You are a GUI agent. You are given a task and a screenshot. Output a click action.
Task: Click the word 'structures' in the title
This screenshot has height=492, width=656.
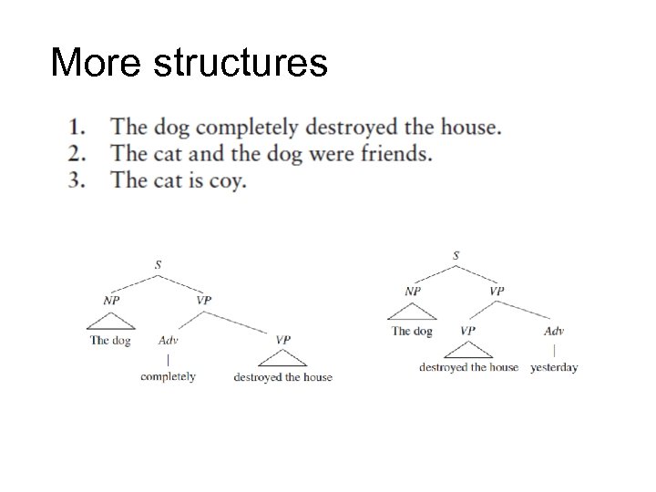tap(241, 63)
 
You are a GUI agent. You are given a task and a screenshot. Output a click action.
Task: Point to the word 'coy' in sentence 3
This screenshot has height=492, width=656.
tap(228, 179)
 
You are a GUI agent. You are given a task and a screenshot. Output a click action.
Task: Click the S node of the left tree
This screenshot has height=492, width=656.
tap(158, 264)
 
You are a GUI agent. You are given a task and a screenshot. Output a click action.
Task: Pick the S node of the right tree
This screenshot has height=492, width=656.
tap(456, 254)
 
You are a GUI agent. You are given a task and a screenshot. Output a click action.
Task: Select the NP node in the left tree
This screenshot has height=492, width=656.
tap(109, 299)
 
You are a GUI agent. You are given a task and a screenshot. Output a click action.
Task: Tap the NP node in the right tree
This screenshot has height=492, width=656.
tap(413, 291)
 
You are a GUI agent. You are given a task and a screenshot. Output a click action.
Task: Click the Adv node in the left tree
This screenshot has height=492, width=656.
tap(169, 341)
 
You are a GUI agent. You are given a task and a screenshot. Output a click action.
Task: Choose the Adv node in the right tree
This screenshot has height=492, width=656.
tap(554, 331)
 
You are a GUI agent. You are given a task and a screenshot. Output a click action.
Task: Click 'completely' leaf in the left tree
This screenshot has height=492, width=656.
tap(169, 376)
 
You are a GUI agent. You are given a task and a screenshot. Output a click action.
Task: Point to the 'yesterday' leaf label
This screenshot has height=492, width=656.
tap(554, 367)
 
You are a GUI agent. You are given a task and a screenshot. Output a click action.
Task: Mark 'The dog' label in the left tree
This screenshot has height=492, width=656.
tap(110, 341)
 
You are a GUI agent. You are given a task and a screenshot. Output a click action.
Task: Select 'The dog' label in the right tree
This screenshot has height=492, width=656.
tap(413, 331)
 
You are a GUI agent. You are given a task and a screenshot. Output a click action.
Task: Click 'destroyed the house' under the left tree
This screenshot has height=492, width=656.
tap(283, 376)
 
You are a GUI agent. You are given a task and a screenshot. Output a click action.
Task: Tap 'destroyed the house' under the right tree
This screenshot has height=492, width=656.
tap(468, 367)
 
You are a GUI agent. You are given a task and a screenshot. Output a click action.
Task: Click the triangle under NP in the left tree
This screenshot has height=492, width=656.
tap(109, 320)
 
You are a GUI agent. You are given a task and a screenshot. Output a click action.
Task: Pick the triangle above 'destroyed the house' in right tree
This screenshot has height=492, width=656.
tap(467, 350)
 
